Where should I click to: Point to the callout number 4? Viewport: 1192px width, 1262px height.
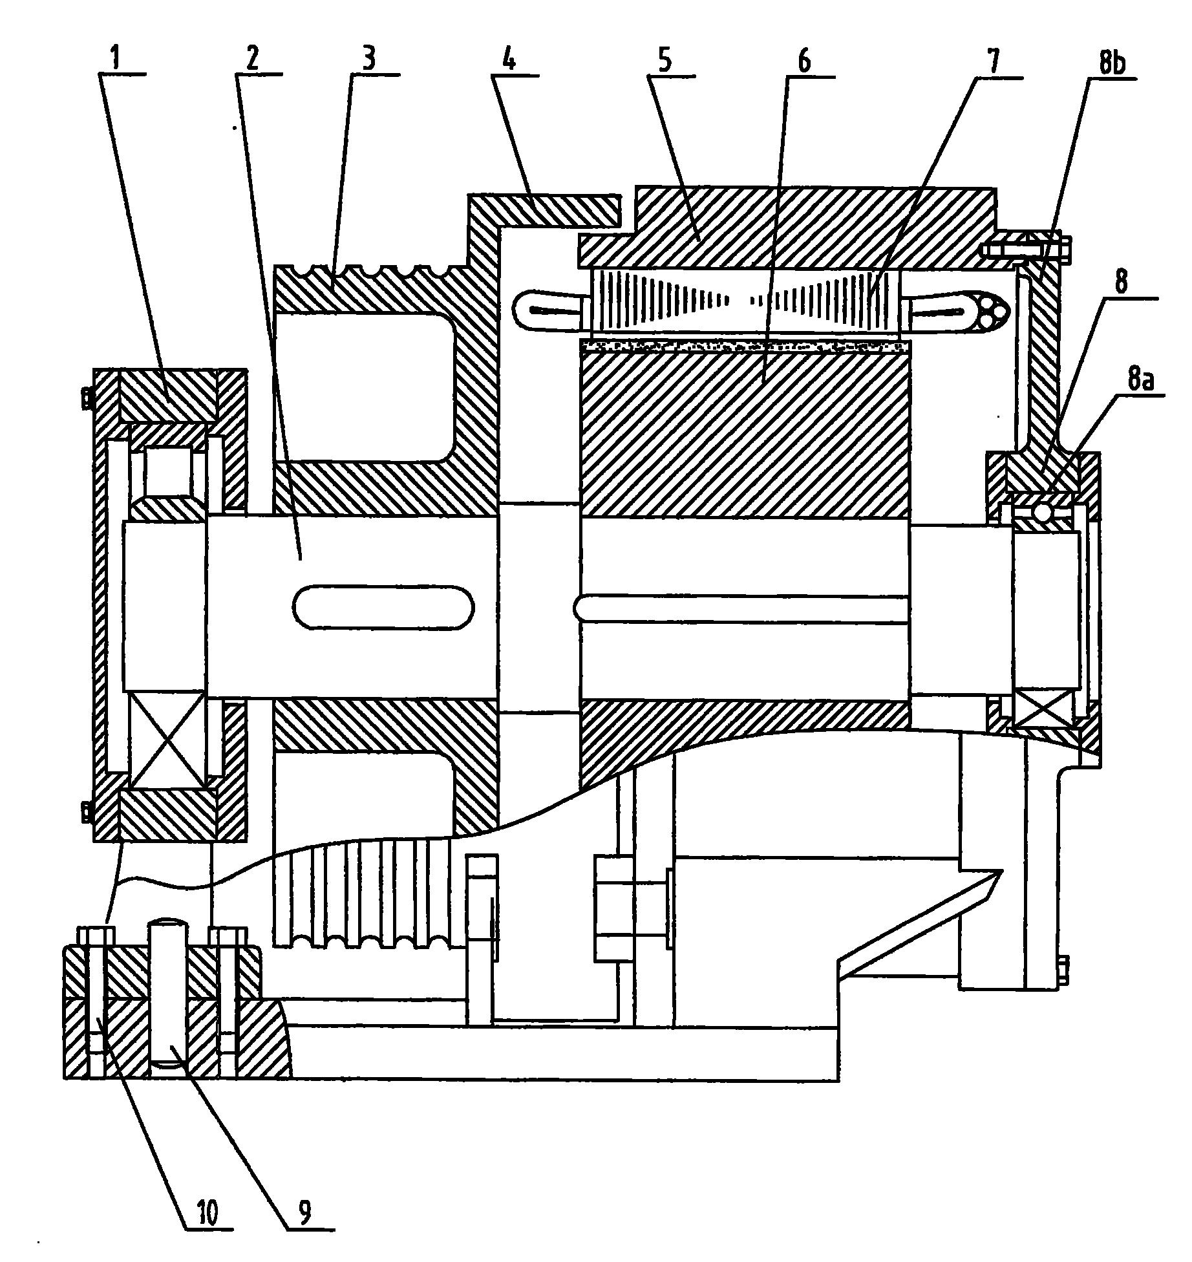click(x=509, y=60)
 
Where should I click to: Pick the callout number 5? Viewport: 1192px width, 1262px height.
click(x=666, y=60)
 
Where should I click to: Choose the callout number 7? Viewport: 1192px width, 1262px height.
click(x=993, y=61)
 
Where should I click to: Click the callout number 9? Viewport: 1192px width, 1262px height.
click(x=304, y=1213)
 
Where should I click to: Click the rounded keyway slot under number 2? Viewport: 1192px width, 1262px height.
click(x=383, y=607)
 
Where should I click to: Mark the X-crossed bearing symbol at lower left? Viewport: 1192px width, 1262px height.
click(x=167, y=739)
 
